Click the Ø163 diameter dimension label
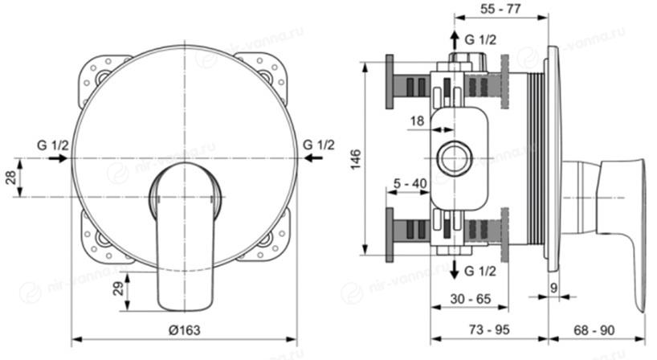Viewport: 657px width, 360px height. coord(185,330)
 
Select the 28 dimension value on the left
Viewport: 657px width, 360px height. coord(11,178)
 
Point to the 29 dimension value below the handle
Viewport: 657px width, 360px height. coord(119,288)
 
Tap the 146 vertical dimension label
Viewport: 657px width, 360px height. coord(355,159)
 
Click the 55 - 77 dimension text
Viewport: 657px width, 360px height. coord(500,8)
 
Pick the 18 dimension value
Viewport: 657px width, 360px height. coord(417,121)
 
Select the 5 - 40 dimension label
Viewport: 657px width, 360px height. coord(410,183)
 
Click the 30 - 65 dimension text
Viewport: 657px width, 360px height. coord(470,299)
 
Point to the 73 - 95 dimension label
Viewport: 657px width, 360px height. coord(489,329)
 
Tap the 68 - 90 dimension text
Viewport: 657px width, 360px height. coord(594,330)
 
